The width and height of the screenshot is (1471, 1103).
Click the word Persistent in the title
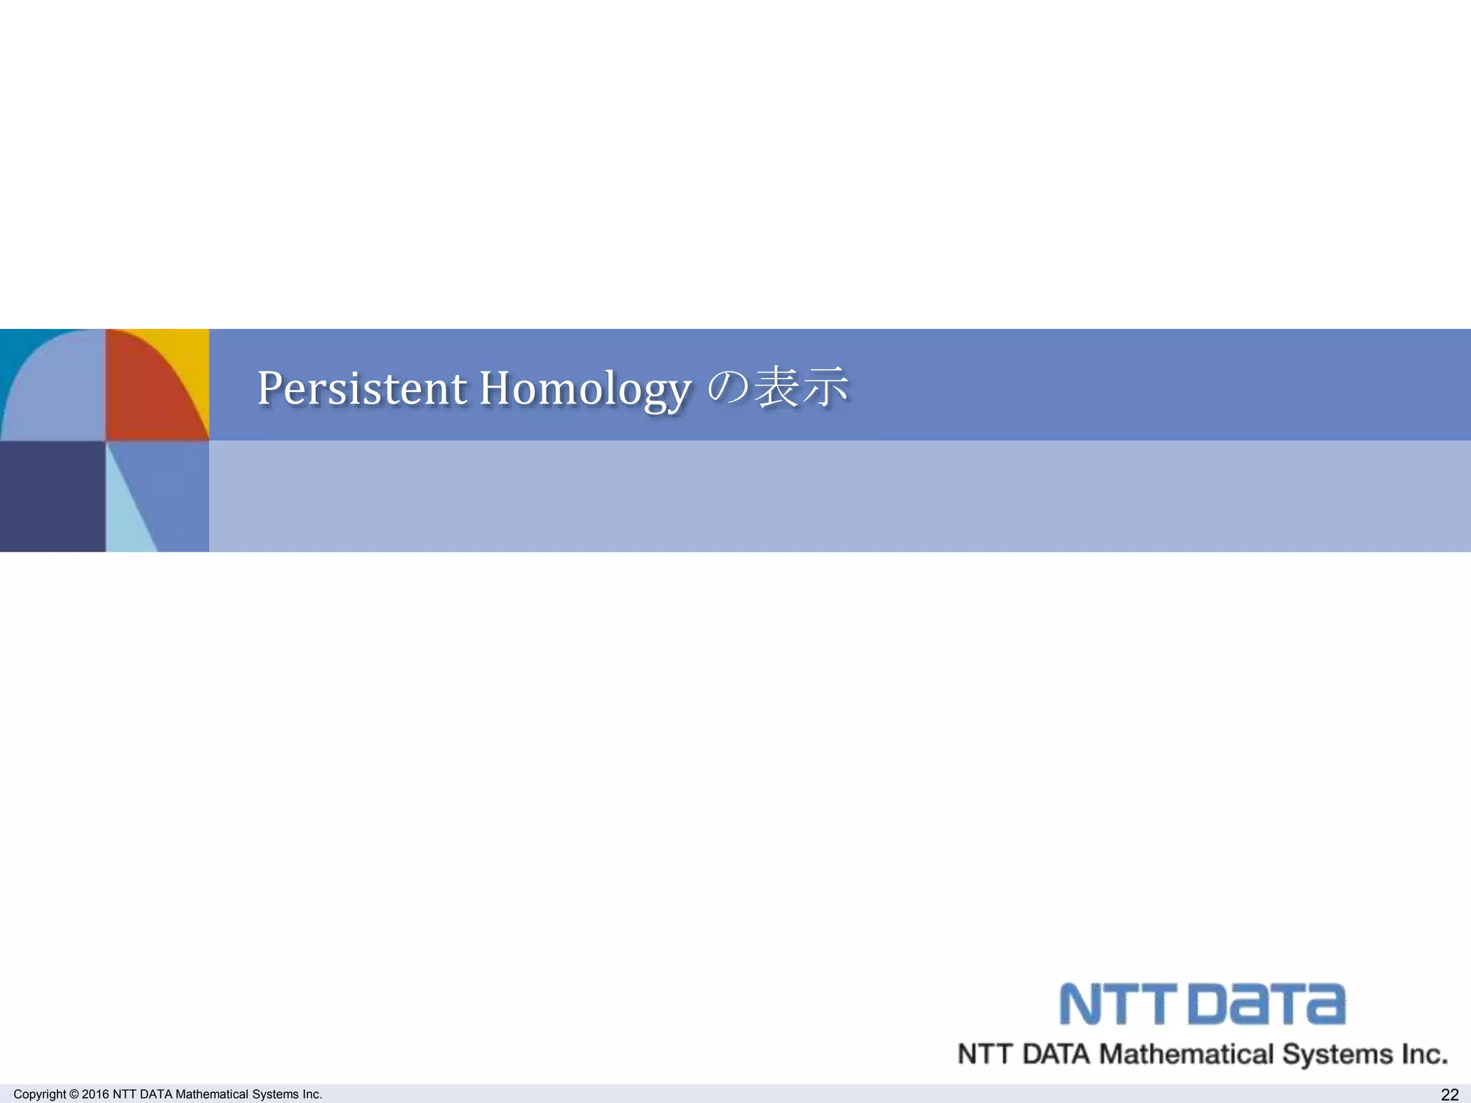coord(362,388)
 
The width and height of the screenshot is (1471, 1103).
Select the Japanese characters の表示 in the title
coord(778,387)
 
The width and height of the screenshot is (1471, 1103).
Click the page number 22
coord(1449,1094)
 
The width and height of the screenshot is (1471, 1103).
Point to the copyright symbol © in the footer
coord(73,1094)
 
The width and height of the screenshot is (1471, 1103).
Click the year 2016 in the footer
coord(96,1094)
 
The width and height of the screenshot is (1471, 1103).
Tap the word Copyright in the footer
coord(40,1094)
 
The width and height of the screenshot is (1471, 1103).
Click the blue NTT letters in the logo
coord(1118,1005)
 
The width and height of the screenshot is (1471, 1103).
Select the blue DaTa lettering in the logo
coord(1267,1005)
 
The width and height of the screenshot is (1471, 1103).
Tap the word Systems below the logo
coord(1337,1054)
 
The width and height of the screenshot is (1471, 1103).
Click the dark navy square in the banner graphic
coord(52,496)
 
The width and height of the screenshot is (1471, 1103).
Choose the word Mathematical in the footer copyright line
coord(212,1094)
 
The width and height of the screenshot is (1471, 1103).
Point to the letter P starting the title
coord(271,388)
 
